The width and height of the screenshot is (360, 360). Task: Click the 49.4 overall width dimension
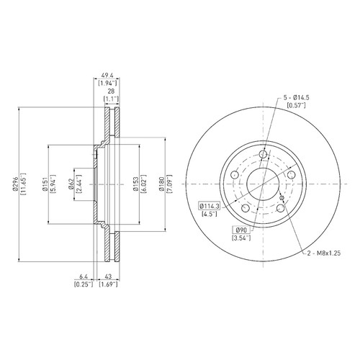tap(107, 75)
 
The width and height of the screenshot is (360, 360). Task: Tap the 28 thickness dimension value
tap(111, 91)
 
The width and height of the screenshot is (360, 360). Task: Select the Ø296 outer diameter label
tap(16, 184)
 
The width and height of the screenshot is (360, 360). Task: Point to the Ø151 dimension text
tap(45, 184)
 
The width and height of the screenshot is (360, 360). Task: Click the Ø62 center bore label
tap(71, 184)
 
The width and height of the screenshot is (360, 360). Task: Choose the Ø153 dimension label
tap(135, 184)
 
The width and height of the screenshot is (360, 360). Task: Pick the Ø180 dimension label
tap(161, 184)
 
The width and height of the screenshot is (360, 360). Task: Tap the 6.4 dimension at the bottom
tap(84, 276)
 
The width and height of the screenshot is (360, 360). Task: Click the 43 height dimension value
tap(109, 276)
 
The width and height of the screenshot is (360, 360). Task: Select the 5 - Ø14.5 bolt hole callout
tap(297, 98)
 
